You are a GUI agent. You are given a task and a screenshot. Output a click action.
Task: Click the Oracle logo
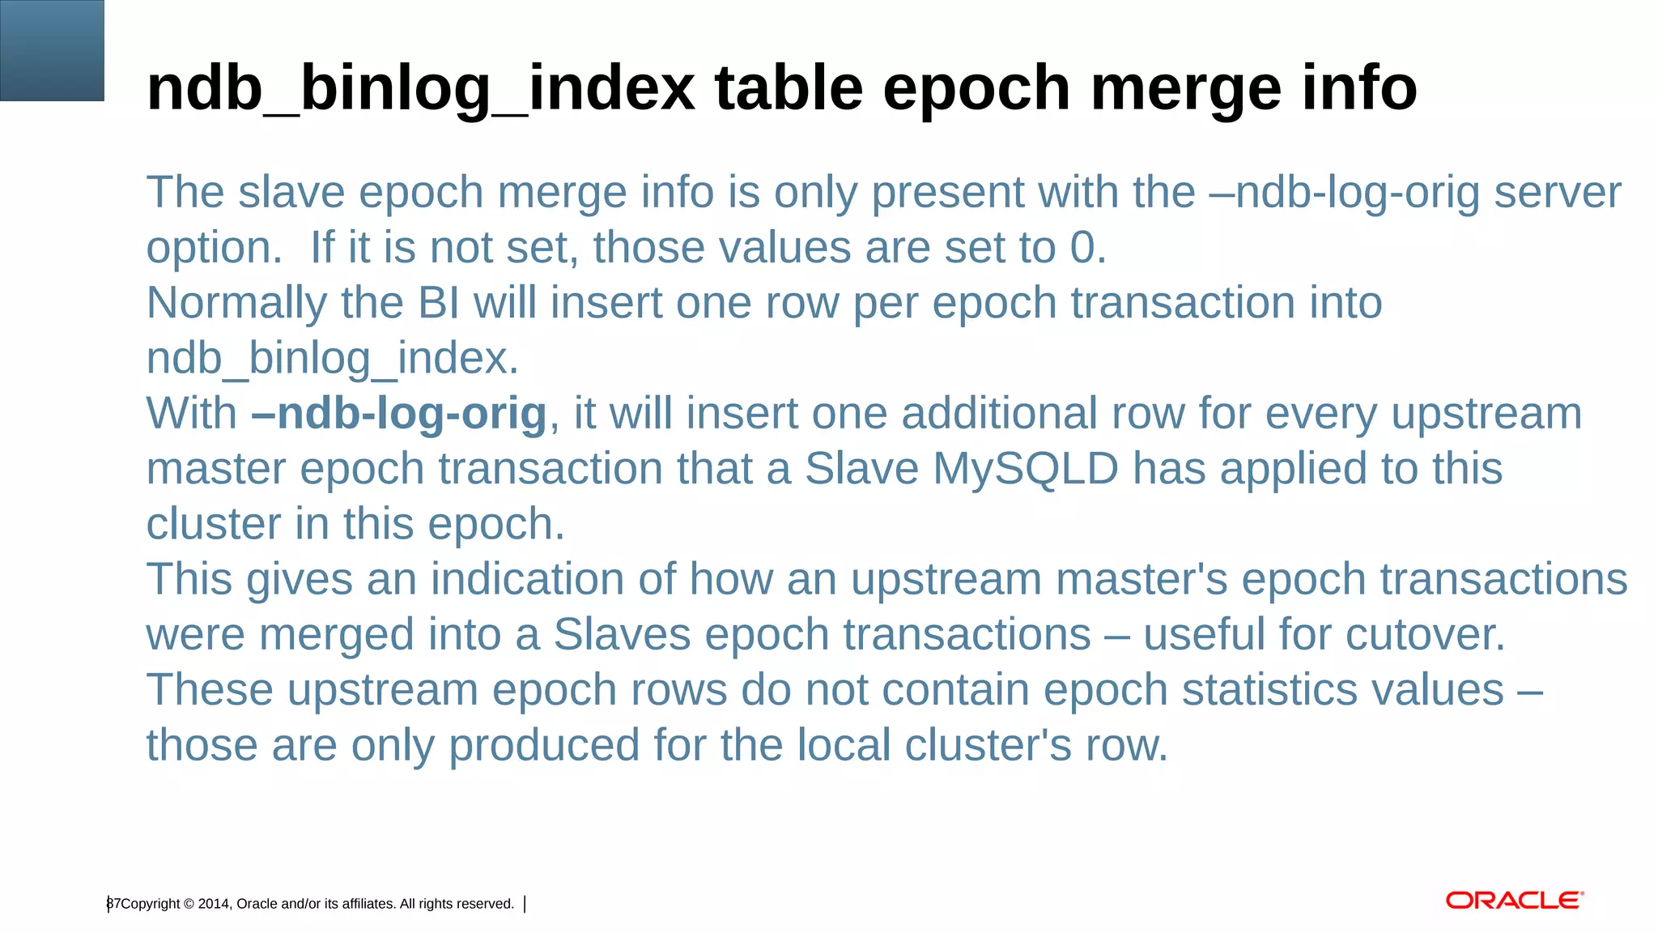pos(1514,901)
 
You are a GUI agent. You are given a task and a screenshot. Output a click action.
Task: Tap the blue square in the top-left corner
pos(52,50)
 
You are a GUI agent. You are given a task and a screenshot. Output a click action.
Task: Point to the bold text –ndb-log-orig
pos(399,414)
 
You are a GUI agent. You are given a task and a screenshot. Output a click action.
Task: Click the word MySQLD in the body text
pos(1026,469)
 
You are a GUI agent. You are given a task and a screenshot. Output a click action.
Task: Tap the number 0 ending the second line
pos(1082,248)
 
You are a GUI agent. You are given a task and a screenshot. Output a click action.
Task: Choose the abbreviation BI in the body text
pos(438,304)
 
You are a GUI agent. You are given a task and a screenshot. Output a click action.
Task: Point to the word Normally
pos(236,304)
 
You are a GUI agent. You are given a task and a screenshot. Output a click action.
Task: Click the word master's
pos(1141,580)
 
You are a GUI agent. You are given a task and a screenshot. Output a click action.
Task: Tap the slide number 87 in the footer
pos(113,904)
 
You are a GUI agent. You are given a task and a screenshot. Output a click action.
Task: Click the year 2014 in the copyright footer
pos(214,904)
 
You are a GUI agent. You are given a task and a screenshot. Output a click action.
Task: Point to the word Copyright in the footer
pos(151,904)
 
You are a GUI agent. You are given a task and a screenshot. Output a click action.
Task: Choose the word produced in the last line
pos(544,745)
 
